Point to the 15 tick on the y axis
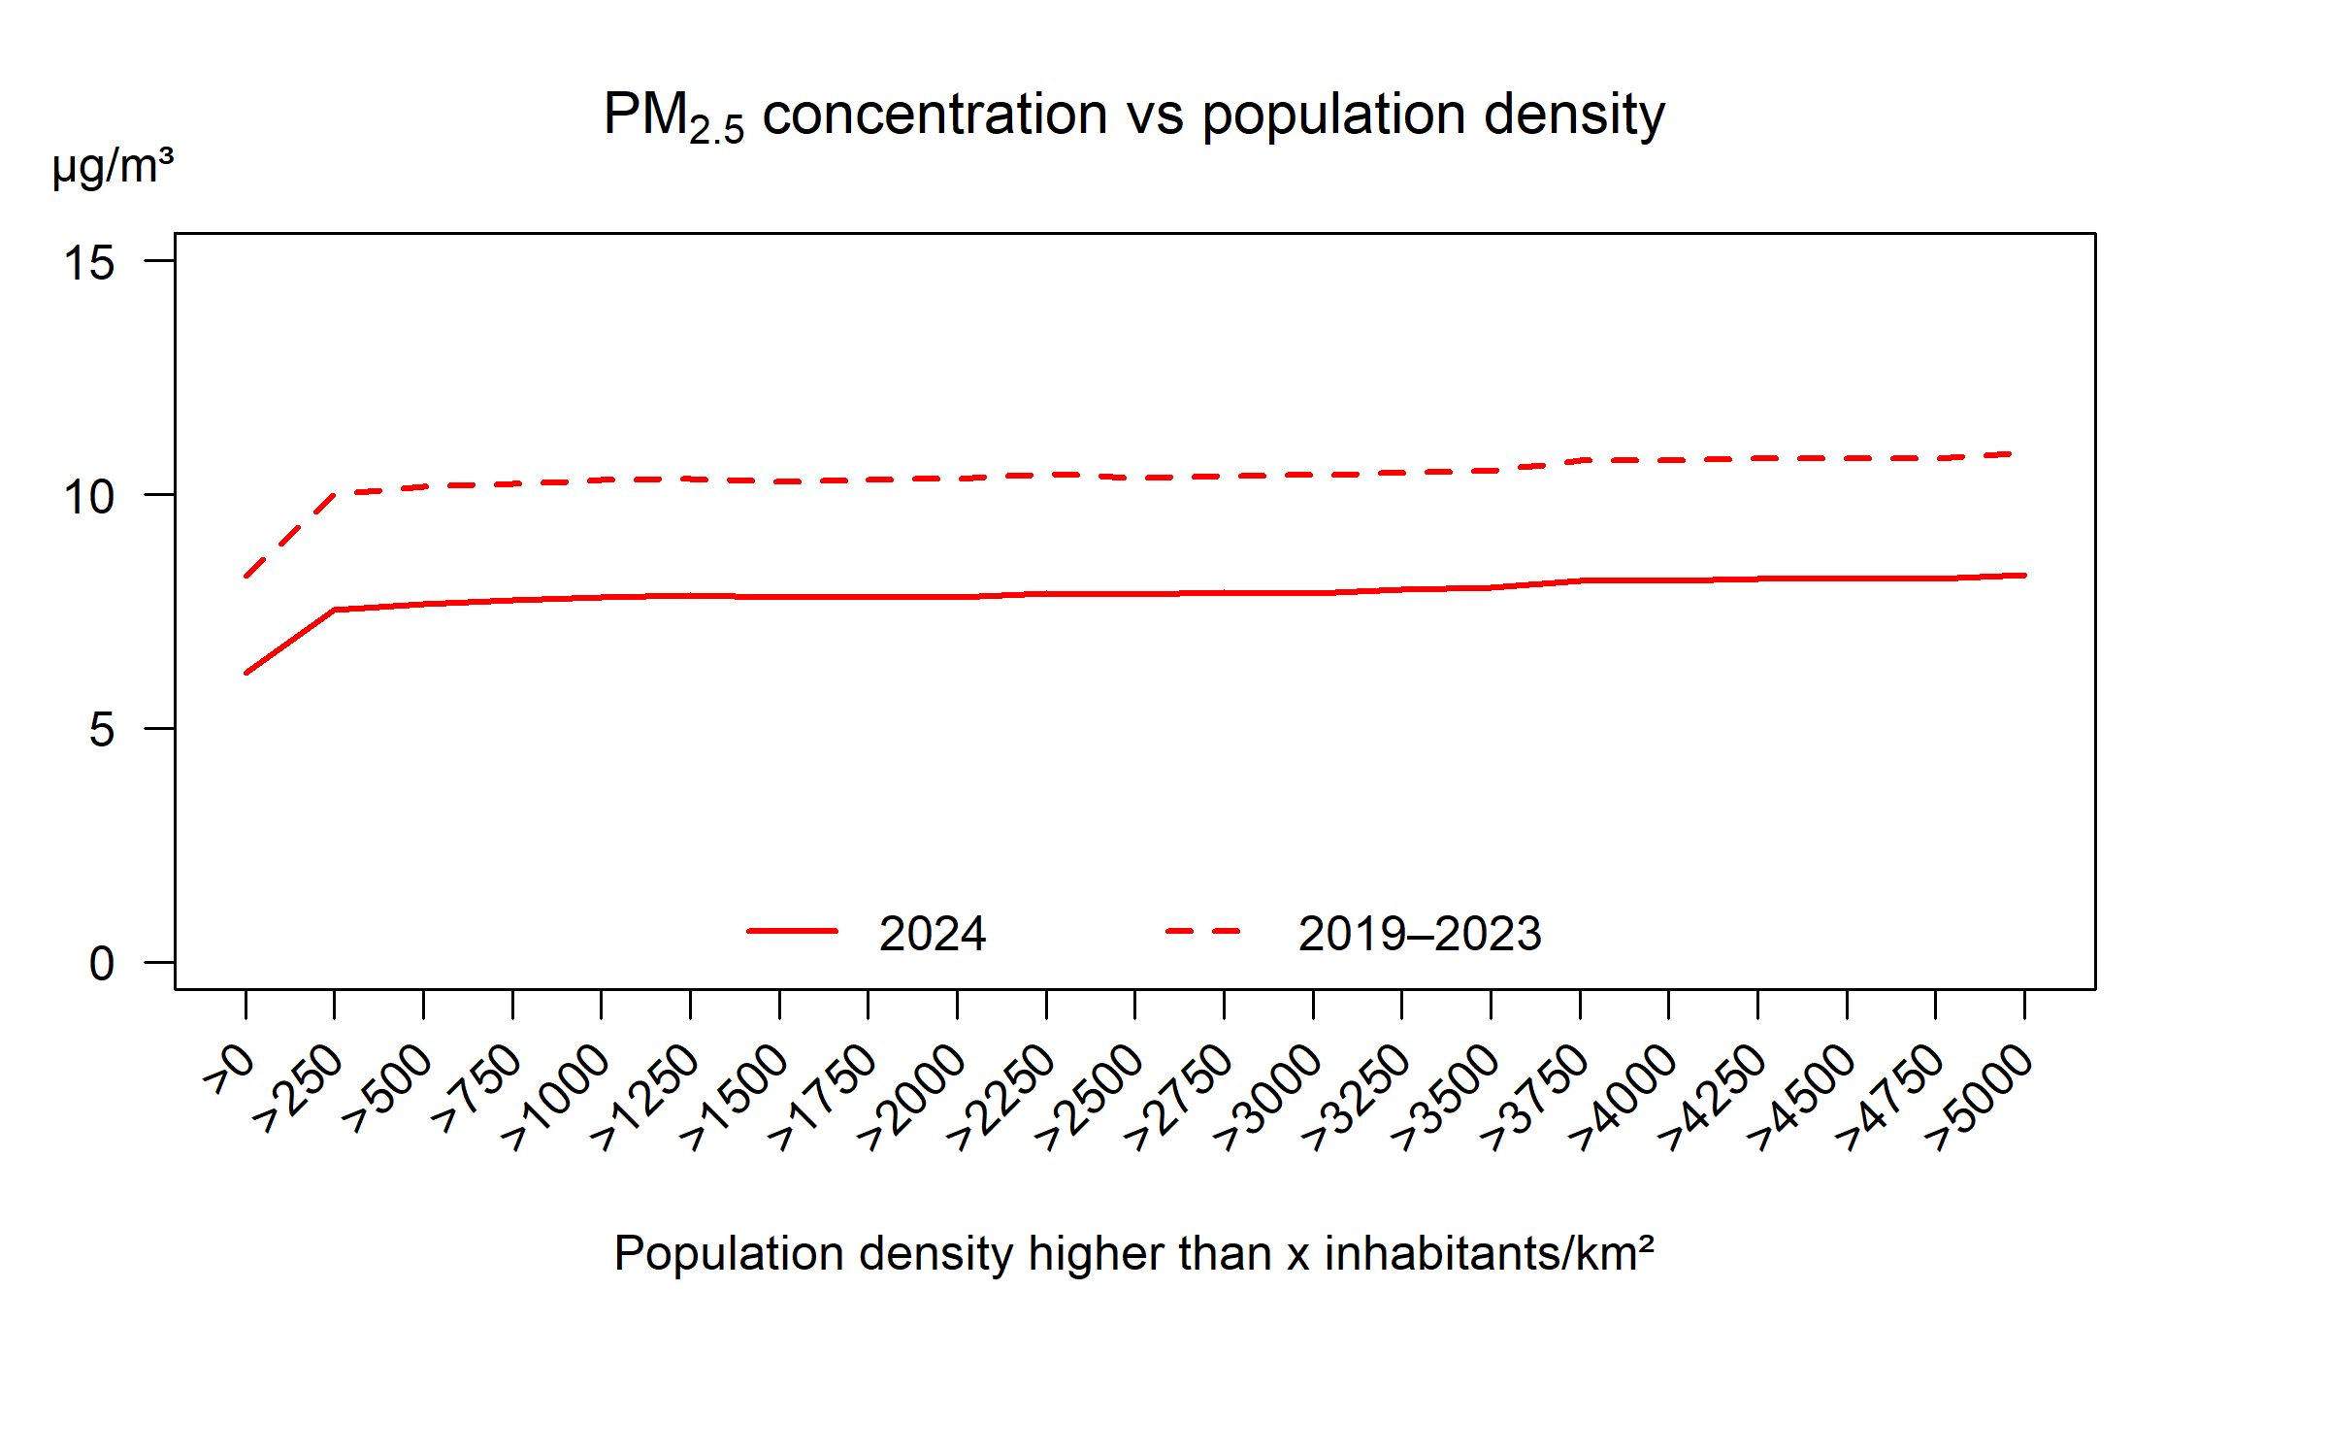pyautogui.click(x=89, y=263)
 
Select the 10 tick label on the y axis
pyautogui.click(x=89, y=497)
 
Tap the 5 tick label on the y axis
pyautogui.click(x=102, y=730)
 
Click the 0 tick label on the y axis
pyautogui.click(x=102, y=964)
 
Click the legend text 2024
pyautogui.click(x=932, y=934)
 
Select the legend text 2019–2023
pyautogui.click(x=1419, y=934)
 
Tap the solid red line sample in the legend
pyautogui.click(x=792, y=931)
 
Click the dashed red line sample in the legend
pyautogui.click(x=1203, y=931)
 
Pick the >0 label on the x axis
pyautogui.click(x=229, y=1069)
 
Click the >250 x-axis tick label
pyautogui.click(x=297, y=1088)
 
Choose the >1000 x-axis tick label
pyautogui.click(x=555, y=1097)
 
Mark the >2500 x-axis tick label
pyautogui.click(x=1089, y=1097)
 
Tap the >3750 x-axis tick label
pyautogui.click(x=1533, y=1097)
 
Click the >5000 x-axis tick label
pyautogui.click(x=1978, y=1097)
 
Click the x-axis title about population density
pyautogui.click(x=1133, y=1253)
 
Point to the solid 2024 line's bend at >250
pyautogui.click(x=335, y=610)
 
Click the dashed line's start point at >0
pyautogui.click(x=246, y=576)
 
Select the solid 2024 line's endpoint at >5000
pyautogui.click(x=2024, y=576)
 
